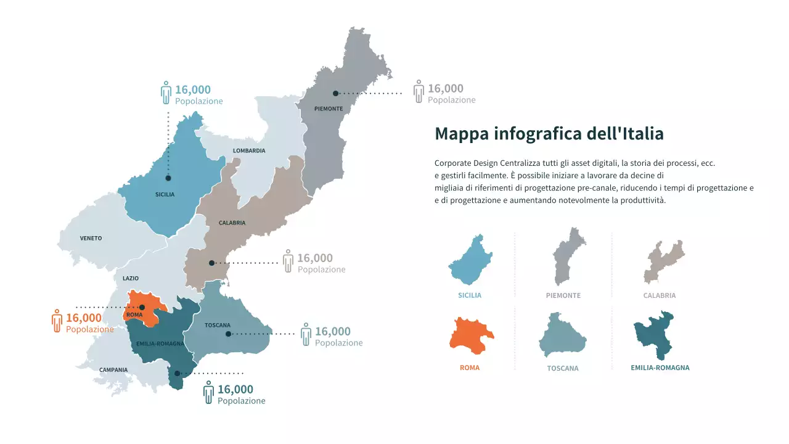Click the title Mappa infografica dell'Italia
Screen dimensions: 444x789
click(x=549, y=134)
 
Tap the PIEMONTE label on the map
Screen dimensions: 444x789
click(x=328, y=109)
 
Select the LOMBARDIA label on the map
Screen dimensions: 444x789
click(x=249, y=150)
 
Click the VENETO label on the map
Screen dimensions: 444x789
click(x=91, y=238)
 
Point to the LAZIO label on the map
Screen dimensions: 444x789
click(x=131, y=278)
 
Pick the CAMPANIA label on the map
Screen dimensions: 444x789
click(x=113, y=370)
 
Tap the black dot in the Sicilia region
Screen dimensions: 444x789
click(x=168, y=178)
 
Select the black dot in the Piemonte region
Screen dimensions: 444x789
click(x=335, y=94)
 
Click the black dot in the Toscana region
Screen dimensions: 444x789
click(x=228, y=334)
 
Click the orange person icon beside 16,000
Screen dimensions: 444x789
click(x=57, y=321)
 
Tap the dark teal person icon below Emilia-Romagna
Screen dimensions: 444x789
click(x=208, y=392)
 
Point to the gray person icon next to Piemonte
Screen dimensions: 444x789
click(x=419, y=91)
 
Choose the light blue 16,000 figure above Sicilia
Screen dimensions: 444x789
click(x=192, y=89)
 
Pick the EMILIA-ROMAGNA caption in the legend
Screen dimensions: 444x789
click(x=660, y=368)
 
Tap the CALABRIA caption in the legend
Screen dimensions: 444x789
click(x=659, y=295)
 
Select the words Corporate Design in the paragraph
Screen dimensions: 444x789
click(x=464, y=163)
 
